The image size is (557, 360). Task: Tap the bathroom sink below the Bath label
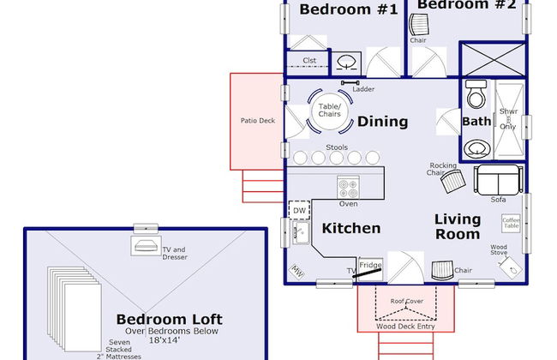(x=476, y=149)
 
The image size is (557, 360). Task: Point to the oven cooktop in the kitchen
(x=348, y=186)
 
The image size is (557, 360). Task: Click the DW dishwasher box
(x=299, y=210)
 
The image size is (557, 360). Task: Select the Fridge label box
(x=370, y=266)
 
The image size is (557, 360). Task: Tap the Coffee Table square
(x=511, y=224)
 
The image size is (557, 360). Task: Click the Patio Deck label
(x=257, y=121)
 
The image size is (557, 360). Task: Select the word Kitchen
(x=351, y=228)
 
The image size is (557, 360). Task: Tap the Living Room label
(x=457, y=226)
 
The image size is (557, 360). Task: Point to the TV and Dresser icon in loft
(x=143, y=246)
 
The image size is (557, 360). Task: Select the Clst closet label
(x=310, y=61)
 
